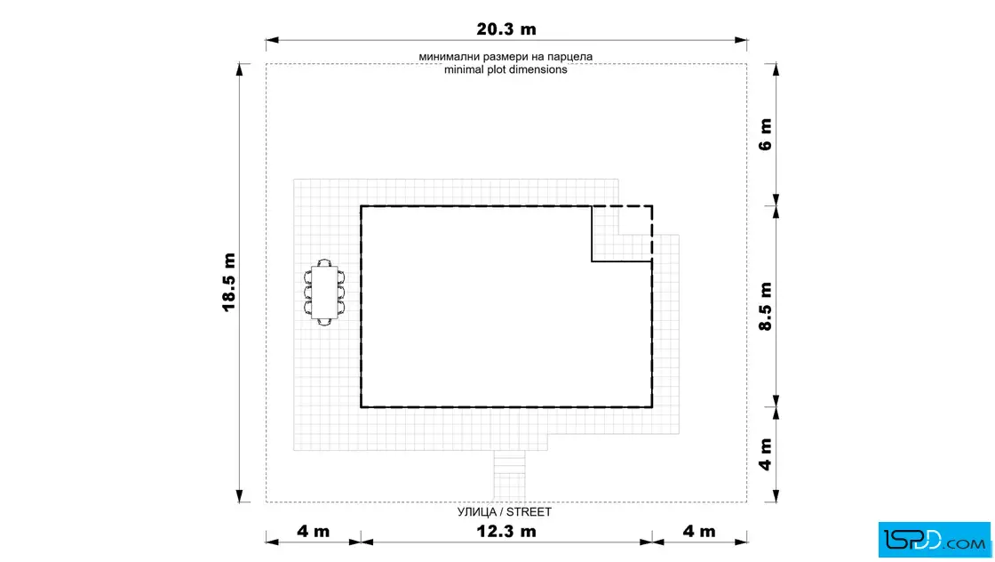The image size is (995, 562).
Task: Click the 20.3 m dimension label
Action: click(506, 29)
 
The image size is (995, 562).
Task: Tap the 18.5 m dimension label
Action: click(229, 282)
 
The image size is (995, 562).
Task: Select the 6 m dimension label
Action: click(766, 134)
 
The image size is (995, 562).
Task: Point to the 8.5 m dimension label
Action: click(766, 307)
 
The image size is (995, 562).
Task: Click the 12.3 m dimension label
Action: click(506, 531)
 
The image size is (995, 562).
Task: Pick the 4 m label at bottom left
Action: click(314, 531)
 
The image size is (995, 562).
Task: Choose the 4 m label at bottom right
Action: click(699, 531)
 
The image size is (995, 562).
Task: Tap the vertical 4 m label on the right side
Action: click(766, 454)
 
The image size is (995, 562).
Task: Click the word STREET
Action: click(529, 512)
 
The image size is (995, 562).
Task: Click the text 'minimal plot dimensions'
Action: click(505, 69)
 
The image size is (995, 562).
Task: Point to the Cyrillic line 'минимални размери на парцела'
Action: click(505, 57)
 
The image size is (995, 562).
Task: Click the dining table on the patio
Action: click(324, 292)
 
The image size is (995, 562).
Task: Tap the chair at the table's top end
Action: click(324, 262)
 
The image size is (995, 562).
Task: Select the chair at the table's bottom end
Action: click(324, 321)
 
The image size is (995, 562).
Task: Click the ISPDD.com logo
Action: click(934, 540)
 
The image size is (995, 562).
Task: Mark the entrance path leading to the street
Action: click(510, 477)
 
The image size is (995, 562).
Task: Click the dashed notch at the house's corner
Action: click(622, 233)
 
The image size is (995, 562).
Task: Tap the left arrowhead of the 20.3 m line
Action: click(272, 40)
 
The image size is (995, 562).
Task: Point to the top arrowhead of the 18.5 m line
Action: click(239, 70)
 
